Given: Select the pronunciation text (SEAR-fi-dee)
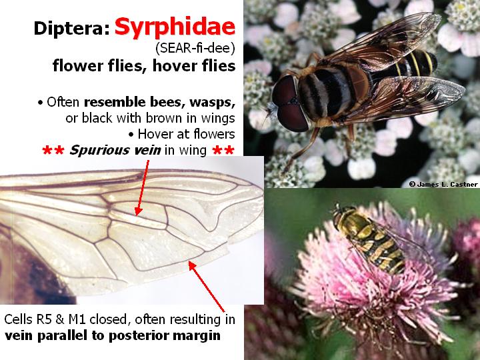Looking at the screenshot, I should (199, 48).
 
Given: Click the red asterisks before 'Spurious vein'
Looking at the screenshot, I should (52, 152).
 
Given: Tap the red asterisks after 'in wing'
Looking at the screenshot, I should (223, 152).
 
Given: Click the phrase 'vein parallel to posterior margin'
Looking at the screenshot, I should (112, 335).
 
